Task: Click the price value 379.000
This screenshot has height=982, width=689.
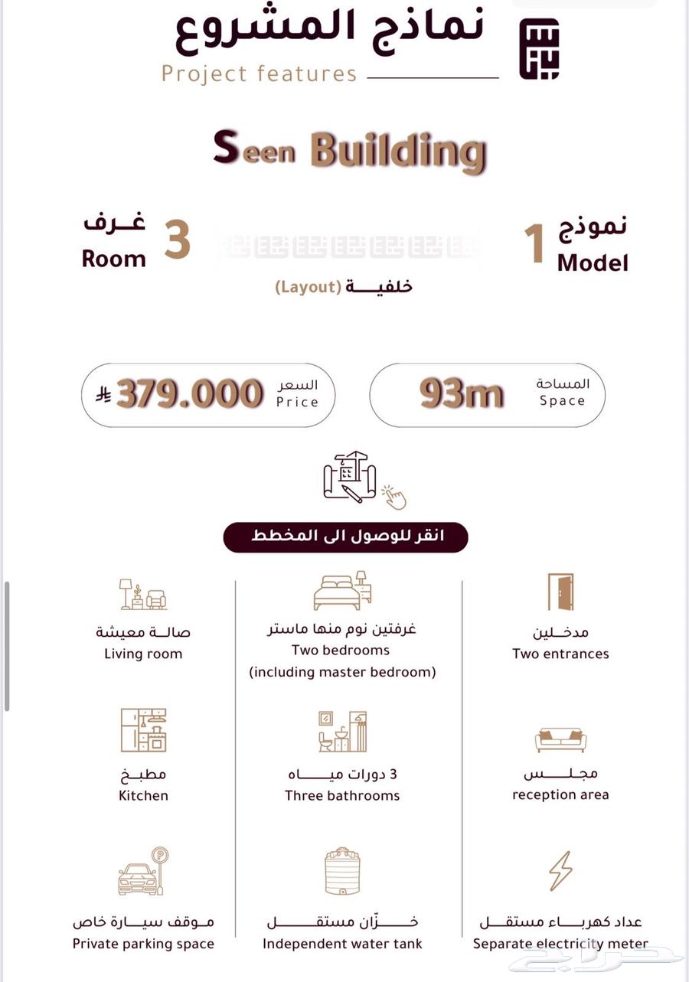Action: [x=190, y=394]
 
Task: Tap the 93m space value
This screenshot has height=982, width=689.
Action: [x=462, y=394]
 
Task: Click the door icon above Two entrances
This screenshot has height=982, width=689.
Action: [x=560, y=592]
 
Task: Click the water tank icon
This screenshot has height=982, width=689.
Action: [x=341, y=870]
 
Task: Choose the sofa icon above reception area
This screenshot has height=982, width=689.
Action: [x=560, y=739]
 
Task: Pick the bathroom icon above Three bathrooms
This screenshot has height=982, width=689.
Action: [x=342, y=731]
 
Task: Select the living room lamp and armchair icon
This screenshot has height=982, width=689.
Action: [x=143, y=594]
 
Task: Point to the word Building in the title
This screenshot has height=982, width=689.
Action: [x=398, y=151]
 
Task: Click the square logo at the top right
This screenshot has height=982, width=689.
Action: [x=540, y=48]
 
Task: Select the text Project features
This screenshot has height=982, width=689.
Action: [x=260, y=74]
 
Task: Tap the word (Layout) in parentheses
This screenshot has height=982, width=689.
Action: [x=309, y=287]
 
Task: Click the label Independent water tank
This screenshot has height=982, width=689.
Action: [x=342, y=944]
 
